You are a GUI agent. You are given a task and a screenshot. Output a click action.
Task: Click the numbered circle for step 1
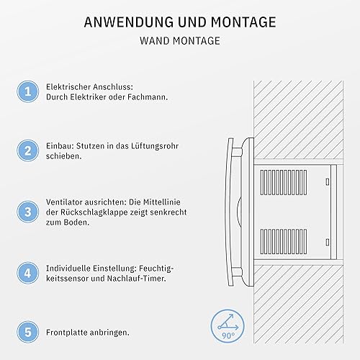coord(28,91)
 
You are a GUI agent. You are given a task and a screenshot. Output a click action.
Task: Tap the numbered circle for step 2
coord(28,150)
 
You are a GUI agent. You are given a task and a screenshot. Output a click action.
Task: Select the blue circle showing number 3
coord(28,212)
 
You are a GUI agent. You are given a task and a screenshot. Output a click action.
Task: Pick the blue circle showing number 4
coord(28,273)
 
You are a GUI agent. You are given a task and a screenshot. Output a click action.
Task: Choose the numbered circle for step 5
coord(28,332)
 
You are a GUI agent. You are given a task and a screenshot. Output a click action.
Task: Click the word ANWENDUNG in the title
coord(129,22)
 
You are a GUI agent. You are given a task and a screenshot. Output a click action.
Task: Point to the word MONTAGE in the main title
coord(243,22)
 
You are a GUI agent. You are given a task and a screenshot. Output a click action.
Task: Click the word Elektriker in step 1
coord(88,97)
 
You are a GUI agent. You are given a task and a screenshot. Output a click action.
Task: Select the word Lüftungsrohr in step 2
coord(155,146)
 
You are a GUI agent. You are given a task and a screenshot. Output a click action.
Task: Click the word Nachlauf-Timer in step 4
coord(136,279)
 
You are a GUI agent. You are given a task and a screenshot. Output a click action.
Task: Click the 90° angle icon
coord(228,327)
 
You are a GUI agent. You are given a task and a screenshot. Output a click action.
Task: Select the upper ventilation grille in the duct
coord(284,182)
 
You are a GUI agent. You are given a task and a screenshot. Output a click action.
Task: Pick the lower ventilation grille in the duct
coord(284,241)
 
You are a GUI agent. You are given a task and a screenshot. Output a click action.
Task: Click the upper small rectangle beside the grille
coord(328,181)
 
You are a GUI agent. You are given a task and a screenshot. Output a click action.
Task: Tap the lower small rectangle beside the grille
coord(328,242)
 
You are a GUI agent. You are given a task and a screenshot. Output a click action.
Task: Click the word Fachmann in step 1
coord(148,97)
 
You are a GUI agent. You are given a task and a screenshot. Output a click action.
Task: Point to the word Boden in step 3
coord(76,222)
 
